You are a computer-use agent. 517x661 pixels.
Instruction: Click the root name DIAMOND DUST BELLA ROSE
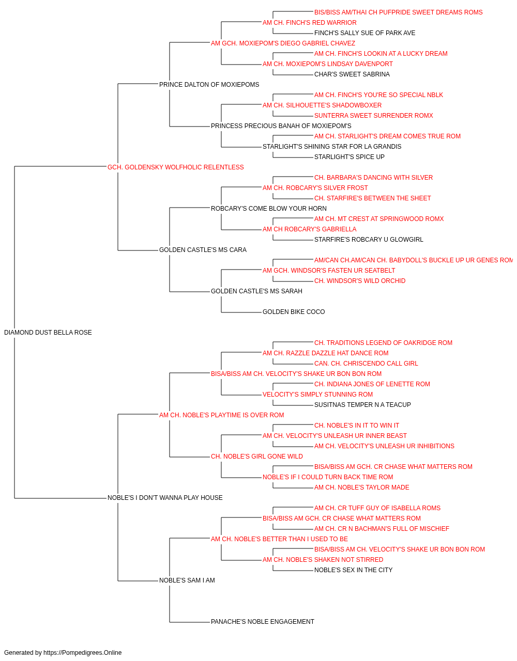coord(48,333)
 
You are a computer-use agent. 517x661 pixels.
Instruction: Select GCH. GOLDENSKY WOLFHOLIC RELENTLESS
coord(175,167)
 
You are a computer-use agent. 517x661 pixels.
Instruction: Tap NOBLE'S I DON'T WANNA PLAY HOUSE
coord(165,498)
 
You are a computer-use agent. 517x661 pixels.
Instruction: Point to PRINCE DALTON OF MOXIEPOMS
coord(209,85)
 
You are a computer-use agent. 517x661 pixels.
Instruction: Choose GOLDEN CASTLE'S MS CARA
coord(203,250)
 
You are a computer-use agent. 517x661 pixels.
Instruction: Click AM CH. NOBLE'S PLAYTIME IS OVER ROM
coord(221,415)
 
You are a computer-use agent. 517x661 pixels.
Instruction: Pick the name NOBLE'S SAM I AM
coord(187,580)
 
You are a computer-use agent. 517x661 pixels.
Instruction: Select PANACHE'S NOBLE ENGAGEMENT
coord(263,622)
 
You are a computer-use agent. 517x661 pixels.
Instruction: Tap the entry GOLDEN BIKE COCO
coord(294,312)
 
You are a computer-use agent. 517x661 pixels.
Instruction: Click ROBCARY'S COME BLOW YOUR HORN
coord(268,208)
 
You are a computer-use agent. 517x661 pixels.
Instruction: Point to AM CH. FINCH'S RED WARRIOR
coord(309,23)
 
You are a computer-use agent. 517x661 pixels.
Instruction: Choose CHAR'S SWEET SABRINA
coord(352,74)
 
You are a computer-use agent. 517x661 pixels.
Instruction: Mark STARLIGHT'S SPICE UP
coord(349,157)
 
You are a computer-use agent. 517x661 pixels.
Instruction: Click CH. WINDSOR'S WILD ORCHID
coord(360,281)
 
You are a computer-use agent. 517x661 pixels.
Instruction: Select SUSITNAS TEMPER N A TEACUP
coord(362,404)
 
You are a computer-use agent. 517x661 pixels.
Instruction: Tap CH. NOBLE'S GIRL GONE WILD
coord(256,457)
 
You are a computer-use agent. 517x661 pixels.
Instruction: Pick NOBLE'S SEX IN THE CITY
coord(353,570)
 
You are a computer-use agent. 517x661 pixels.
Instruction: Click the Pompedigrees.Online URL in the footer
coord(82,653)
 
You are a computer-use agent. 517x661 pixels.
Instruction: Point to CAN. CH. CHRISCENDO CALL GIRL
coord(366,364)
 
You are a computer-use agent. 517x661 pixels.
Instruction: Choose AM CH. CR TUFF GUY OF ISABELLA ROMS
coord(377,508)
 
